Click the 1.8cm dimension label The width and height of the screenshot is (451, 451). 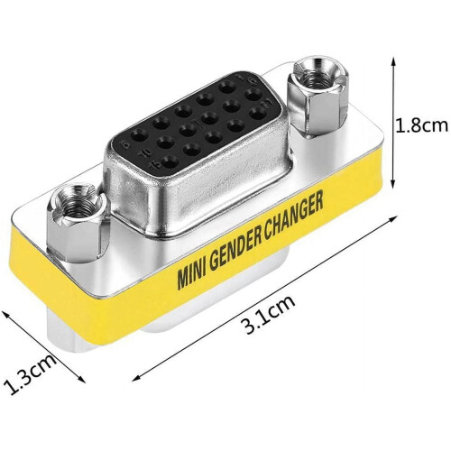tap(421, 126)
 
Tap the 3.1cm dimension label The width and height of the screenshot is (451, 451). tap(270, 314)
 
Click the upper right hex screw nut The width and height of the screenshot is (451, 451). tap(319, 96)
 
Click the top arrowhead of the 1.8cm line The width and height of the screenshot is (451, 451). tap(392, 61)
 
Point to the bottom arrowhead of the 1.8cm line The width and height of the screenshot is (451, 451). tap(392, 184)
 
